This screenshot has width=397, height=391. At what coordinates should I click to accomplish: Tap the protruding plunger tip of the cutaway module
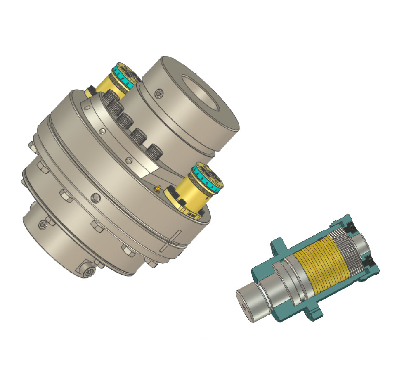point(250,304)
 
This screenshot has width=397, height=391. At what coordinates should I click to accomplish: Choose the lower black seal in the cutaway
point(369,261)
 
